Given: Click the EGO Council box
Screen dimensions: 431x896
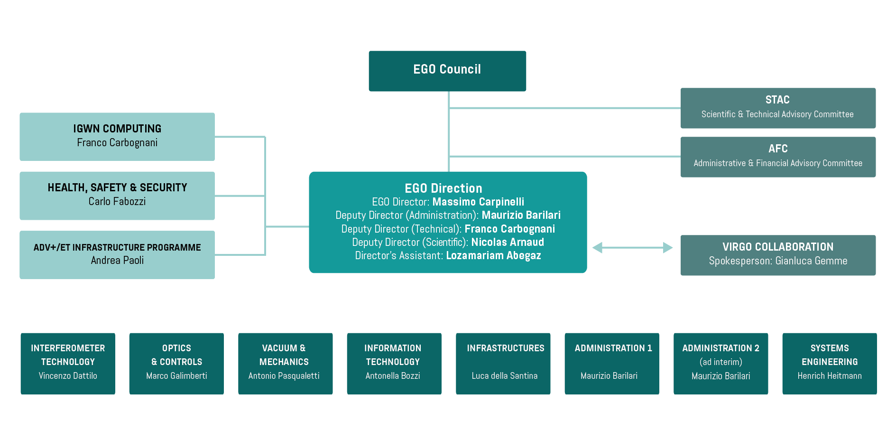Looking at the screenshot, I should (x=447, y=71).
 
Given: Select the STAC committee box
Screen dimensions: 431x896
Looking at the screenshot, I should (x=777, y=108).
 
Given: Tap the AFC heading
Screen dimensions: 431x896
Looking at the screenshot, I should (x=778, y=149).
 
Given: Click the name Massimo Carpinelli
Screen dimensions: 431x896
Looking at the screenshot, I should (x=478, y=202).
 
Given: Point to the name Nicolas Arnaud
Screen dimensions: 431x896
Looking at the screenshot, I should (x=507, y=242).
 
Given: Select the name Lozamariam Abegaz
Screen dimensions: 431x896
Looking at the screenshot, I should (x=493, y=255).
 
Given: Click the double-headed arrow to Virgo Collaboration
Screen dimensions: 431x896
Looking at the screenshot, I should (x=632, y=247).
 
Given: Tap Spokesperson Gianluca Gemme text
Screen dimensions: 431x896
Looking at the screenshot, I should (x=778, y=261).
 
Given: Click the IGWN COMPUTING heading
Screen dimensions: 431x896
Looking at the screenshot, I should (x=117, y=129).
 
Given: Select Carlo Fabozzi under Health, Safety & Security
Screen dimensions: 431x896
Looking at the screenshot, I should (x=117, y=201).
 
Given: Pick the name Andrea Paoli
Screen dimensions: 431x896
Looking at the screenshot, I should (x=117, y=260).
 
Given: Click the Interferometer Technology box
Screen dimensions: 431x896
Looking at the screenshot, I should (x=68, y=363).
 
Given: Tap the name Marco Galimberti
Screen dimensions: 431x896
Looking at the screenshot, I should (x=176, y=375).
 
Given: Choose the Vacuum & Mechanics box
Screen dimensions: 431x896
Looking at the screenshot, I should (x=285, y=363).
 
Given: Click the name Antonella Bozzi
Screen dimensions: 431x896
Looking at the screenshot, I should (x=393, y=375).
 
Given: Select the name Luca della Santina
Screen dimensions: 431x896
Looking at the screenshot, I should (x=504, y=375).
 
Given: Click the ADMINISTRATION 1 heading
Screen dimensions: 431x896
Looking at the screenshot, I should (x=613, y=348).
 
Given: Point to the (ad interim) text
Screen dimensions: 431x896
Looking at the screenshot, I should (x=720, y=362).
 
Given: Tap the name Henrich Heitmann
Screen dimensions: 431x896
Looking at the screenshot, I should (x=829, y=375).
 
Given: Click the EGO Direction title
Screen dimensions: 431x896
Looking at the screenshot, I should (x=443, y=188).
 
